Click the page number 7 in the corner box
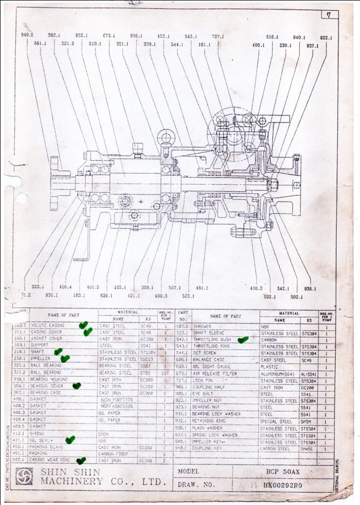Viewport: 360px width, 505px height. point(329,15)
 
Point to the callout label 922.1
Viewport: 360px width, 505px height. point(326,38)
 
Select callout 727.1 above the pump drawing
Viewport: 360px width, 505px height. point(218,36)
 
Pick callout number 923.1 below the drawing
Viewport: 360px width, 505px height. point(38,287)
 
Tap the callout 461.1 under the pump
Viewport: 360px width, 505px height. point(202,288)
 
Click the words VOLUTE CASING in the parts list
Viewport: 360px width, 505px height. point(48,326)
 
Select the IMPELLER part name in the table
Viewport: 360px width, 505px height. point(40,359)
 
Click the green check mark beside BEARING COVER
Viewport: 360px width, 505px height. point(77,386)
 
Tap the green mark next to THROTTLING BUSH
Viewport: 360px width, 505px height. point(243,340)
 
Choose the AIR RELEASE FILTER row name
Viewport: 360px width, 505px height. point(215,373)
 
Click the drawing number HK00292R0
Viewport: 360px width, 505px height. point(283,484)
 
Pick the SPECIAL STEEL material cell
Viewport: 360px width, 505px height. point(278,421)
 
